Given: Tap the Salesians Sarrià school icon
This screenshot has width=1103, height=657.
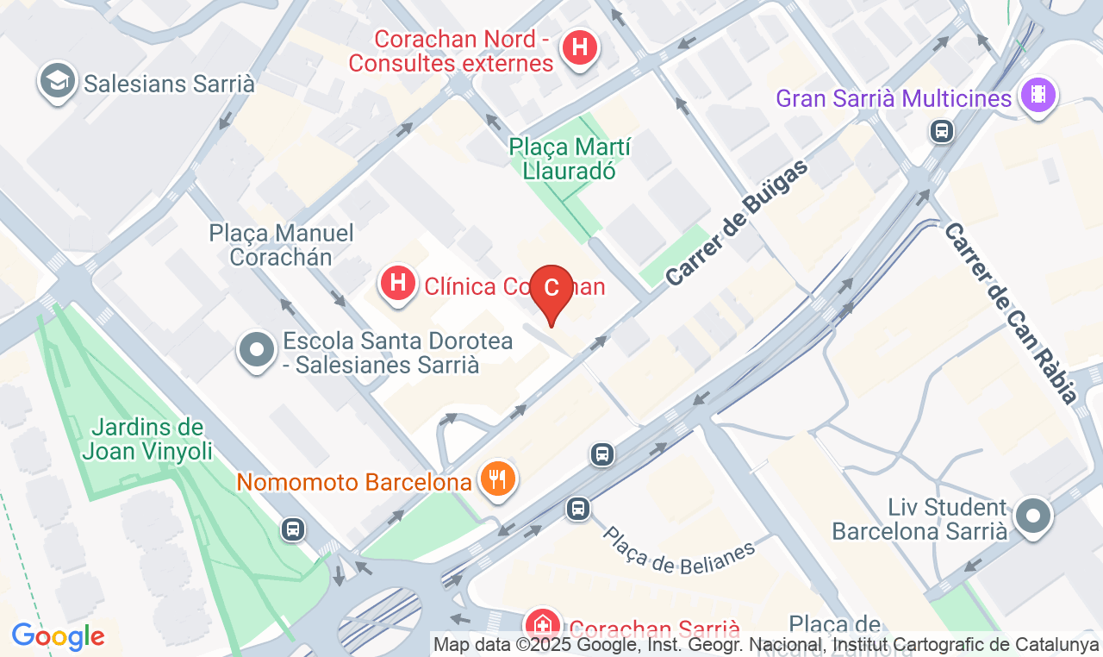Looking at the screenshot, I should (58, 81).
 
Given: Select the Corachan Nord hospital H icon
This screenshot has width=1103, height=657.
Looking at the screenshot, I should (580, 47).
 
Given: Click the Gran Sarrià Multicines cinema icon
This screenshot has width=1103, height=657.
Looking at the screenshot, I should (1038, 94).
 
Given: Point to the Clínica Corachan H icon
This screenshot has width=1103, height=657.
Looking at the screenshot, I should (397, 283).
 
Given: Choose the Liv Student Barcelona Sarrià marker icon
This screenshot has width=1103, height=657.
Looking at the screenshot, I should (1032, 516).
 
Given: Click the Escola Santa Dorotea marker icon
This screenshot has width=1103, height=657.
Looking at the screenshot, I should (256, 350).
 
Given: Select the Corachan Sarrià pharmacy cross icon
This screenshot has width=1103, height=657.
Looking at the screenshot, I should (543, 624).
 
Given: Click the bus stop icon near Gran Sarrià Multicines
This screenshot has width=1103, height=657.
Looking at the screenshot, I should (942, 131).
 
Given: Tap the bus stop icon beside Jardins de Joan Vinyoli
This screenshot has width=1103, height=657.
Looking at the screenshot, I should (293, 529).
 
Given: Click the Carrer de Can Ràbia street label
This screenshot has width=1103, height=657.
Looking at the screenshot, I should (1011, 312).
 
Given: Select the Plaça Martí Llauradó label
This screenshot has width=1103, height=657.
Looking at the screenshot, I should (570, 158).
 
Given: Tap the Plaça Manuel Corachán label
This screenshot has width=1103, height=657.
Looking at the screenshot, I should (281, 244).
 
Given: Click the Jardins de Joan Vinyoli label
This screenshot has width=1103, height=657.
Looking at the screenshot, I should (147, 438).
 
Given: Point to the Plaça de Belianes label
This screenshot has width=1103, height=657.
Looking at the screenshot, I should (677, 551).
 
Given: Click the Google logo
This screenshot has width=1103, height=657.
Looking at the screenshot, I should (58, 636).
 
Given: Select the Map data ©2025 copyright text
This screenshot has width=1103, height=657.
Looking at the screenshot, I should (766, 644).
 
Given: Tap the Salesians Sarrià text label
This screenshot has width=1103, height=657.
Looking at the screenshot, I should (169, 84).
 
